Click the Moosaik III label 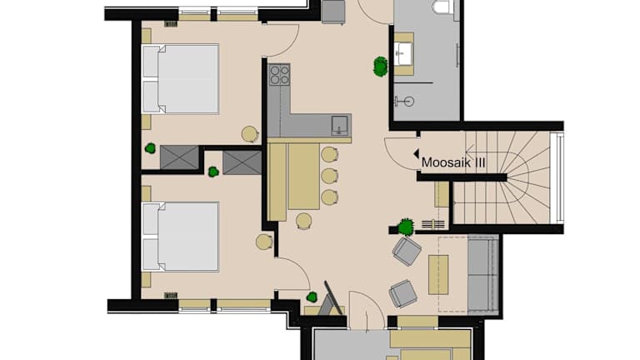point(453,162)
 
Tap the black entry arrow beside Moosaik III point(417,154)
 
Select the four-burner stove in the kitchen point(280,75)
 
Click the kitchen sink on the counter point(340,125)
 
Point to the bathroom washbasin point(403,54)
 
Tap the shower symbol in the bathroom point(405,101)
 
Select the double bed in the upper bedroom point(180,79)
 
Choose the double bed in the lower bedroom point(180,237)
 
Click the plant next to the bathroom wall point(380,67)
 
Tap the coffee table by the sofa point(438,275)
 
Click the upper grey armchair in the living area point(407,251)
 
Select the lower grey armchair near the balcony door point(403,293)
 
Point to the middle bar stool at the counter point(329,176)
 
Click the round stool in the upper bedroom point(250,134)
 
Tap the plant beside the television point(312,297)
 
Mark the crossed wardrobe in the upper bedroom point(180,157)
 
